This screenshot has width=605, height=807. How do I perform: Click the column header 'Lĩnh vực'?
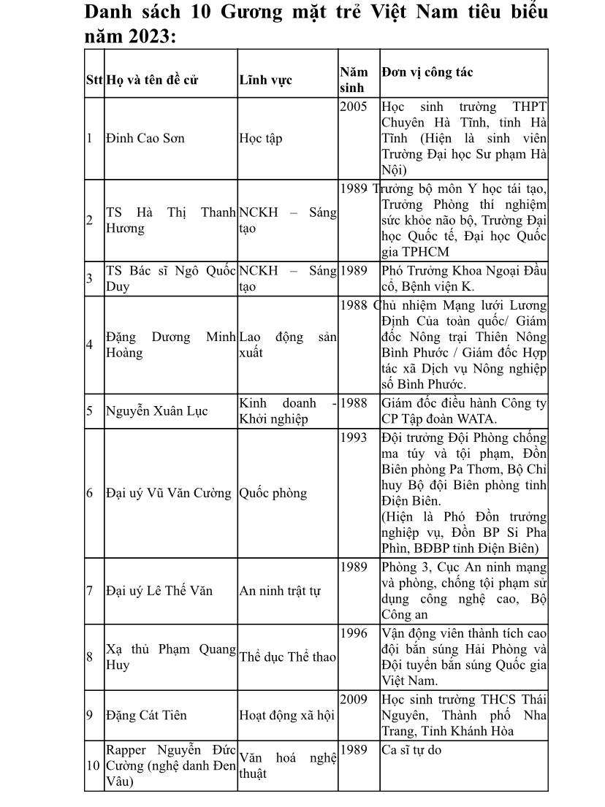click(x=265, y=80)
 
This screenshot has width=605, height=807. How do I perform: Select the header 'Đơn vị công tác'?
click(x=427, y=72)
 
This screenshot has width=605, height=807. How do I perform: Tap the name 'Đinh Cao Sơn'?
click(x=145, y=139)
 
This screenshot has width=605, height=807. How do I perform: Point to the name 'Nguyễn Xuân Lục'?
click(x=156, y=411)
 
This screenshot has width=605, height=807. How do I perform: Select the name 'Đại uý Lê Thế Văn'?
click(x=159, y=591)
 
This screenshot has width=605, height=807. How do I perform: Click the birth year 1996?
click(x=354, y=633)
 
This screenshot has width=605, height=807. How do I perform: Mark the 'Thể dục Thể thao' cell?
click(x=287, y=657)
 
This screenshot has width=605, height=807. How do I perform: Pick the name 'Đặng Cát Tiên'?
click(x=146, y=715)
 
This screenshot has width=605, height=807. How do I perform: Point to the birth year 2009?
click(x=354, y=700)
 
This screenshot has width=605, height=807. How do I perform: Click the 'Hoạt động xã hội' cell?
click(x=286, y=715)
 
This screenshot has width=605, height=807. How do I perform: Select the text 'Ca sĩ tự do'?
click(x=411, y=749)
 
